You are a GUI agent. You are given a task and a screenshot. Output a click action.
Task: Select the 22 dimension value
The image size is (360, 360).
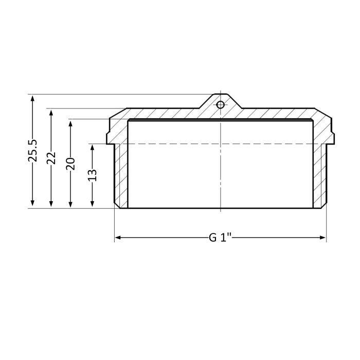point(51,158)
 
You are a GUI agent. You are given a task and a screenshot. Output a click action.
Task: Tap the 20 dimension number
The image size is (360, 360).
point(71,164)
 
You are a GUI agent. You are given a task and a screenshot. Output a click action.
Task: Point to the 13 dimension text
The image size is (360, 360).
point(93,175)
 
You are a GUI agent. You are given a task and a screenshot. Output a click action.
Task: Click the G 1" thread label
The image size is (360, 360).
point(220,238)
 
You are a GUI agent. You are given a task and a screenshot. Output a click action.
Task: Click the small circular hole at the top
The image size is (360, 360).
point(220,105)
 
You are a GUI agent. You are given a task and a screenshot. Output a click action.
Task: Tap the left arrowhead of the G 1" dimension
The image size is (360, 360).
point(117,238)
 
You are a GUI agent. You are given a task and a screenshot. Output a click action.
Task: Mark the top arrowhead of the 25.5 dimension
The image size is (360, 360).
point(33,98)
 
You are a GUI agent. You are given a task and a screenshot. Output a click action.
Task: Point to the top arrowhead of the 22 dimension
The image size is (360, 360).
point(51,112)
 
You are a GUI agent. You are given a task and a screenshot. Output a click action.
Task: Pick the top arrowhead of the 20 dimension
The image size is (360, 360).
point(71,123)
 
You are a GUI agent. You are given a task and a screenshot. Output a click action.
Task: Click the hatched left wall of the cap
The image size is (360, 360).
point(120,175)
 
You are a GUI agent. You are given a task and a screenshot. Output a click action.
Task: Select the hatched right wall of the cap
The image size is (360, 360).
point(320,175)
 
